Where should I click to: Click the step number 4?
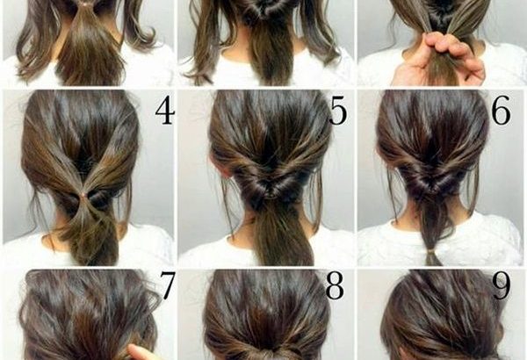tap(165, 112)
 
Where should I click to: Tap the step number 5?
tap(338, 112)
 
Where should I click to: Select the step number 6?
tap(501, 112)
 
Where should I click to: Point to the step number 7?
tap(167, 285)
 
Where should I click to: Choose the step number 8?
tap(336, 285)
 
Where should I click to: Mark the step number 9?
tap(502, 285)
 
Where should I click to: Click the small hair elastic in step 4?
tap(82, 195)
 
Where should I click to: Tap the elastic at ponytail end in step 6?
tap(430, 251)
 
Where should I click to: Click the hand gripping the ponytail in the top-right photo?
tap(440, 61)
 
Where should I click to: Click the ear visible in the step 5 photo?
tap(223, 167)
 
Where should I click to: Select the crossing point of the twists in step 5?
tap(268, 192)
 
